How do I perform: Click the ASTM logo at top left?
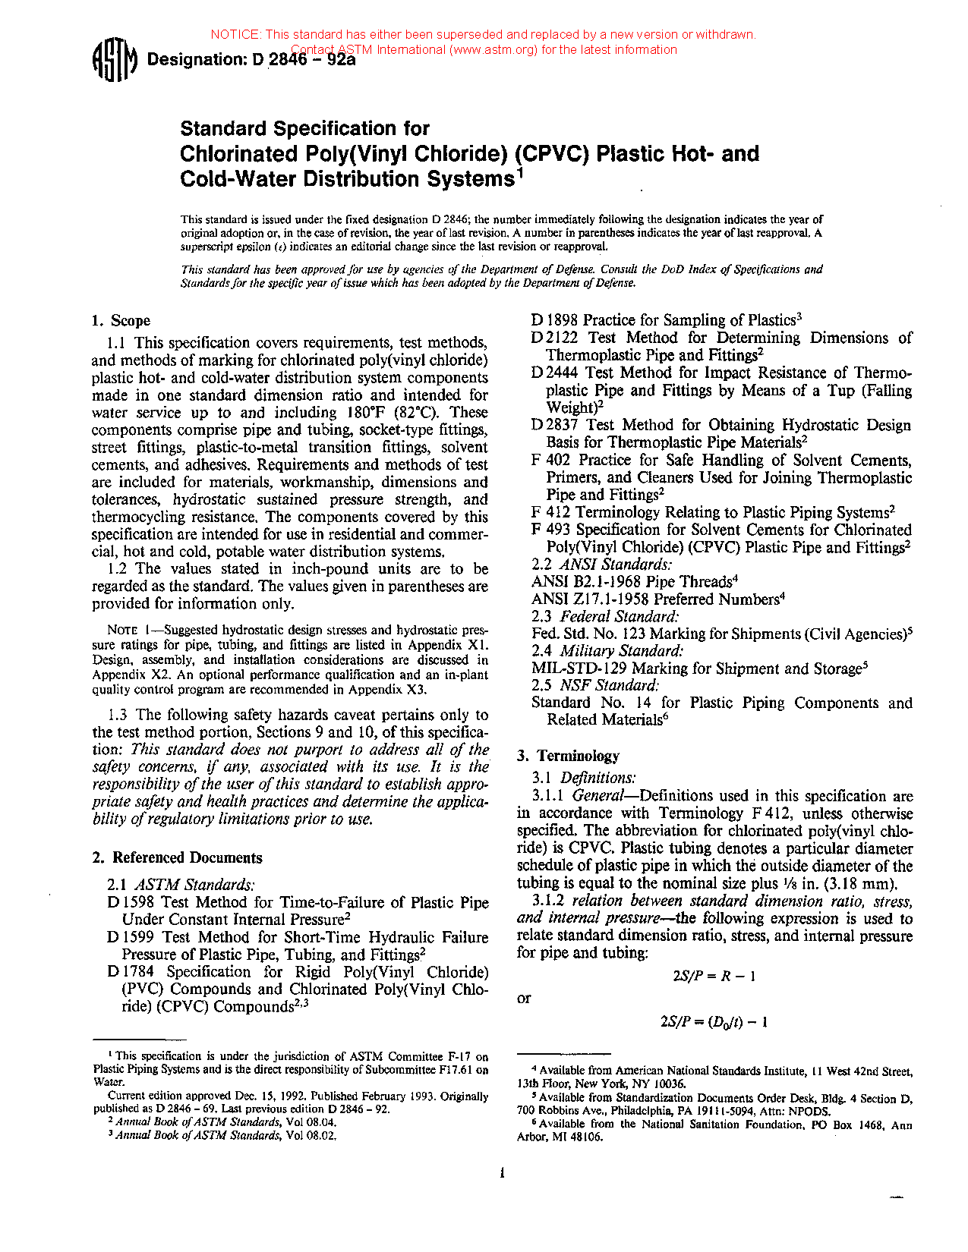click(114, 59)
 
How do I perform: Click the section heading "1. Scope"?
click(121, 320)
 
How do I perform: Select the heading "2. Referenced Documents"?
click(177, 857)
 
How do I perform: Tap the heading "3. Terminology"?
click(568, 756)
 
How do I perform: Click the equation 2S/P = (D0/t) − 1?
click(714, 1021)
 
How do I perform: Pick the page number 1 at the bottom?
click(503, 1173)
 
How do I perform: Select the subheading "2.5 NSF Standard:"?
click(595, 685)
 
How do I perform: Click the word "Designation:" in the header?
click(194, 59)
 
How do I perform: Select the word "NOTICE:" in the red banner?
click(236, 34)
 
